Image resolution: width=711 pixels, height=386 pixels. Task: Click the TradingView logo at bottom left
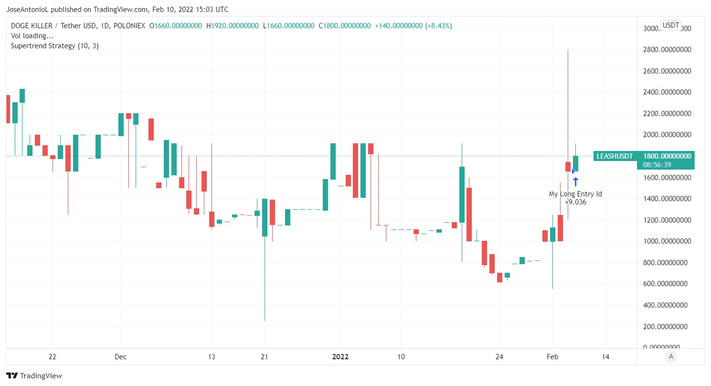[x=34, y=376]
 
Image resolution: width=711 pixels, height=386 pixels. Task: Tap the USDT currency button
[x=670, y=25]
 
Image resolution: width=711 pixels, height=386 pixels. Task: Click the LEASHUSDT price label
[x=615, y=156]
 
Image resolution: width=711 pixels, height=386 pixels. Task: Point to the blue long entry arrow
[x=576, y=182]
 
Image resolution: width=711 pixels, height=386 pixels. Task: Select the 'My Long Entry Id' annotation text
[x=575, y=194]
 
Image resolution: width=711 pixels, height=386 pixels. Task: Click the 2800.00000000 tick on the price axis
[x=667, y=50]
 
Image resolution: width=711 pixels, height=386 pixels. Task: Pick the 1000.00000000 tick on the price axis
[x=667, y=241]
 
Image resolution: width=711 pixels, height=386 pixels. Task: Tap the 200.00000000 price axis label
[x=667, y=326]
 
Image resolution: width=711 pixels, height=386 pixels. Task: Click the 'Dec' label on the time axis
[x=121, y=357]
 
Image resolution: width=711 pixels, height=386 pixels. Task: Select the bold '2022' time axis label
[x=340, y=357]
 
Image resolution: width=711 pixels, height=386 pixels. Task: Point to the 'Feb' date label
[x=552, y=357]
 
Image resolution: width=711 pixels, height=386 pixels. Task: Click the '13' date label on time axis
[x=212, y=357]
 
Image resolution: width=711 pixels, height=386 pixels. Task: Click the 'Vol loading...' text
[x=32, y=36]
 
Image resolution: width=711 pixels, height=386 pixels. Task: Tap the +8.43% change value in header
[x=438, y=25]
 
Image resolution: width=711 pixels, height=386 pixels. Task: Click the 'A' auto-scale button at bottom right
[x=671, y=356]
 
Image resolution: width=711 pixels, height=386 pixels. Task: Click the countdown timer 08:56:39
[x=657, y=164]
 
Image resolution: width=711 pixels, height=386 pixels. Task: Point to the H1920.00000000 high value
[x=233, y=25]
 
